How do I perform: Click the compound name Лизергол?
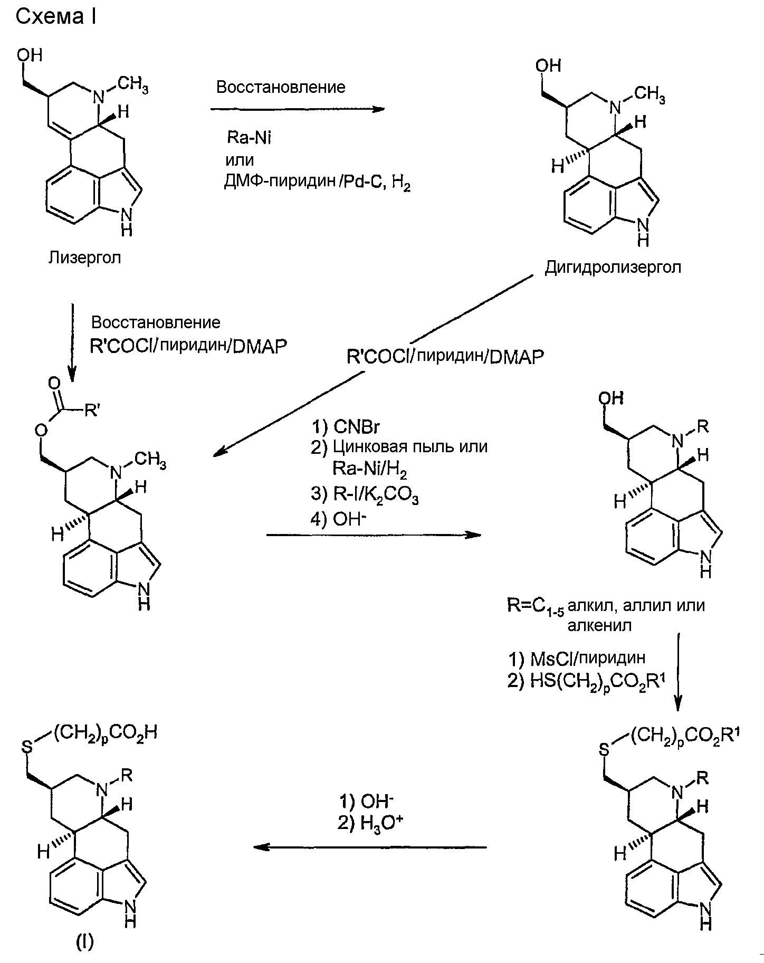[x=84, y=258]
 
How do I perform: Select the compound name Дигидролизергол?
[x=613, y=268]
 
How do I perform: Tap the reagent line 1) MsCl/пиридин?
[x=577, y=659]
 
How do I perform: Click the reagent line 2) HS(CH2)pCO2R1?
[x=586, y=682]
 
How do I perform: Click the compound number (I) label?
[x=85, y=941]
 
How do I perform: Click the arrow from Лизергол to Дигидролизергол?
[x=297, y=109]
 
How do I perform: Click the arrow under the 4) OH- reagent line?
[x=374, y=535]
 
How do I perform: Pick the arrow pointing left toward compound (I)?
[x=369, y=847]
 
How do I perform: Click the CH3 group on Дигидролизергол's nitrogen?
[x=649, y=96]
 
